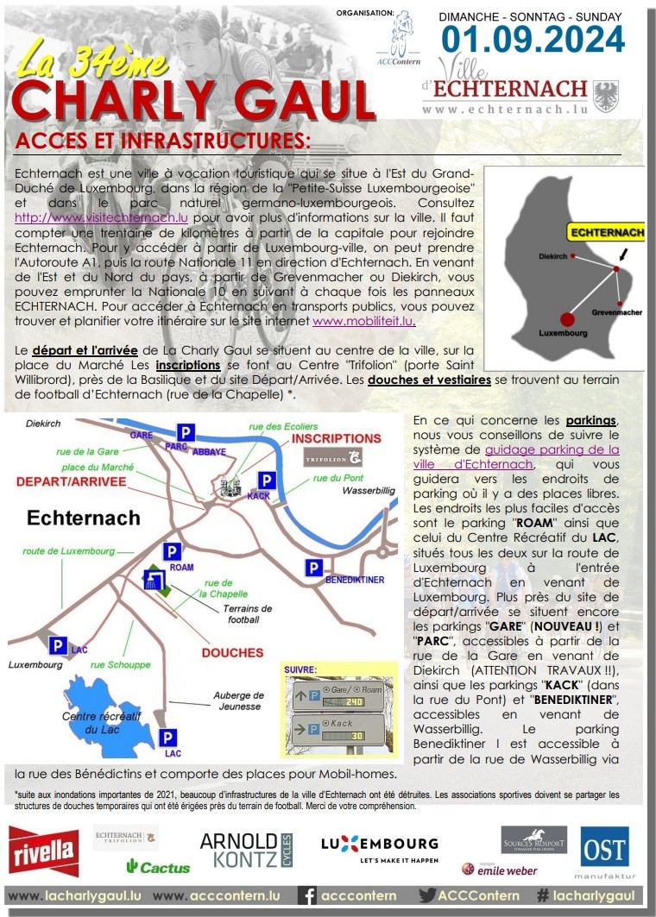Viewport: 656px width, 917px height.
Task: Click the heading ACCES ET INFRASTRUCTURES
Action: tap(163, 140)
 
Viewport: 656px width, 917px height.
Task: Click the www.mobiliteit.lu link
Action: tap(363, 321)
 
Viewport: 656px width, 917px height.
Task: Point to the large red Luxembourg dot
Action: tap(568, 319)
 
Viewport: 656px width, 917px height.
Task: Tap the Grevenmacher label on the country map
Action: tap(617, 311)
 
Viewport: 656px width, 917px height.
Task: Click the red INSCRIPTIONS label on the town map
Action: tap(336, 438)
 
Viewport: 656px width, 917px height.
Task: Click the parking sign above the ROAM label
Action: tap(173, 551)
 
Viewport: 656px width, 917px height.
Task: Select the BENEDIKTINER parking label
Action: tap(355, 580)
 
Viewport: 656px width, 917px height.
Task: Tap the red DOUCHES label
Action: tap(232, 653)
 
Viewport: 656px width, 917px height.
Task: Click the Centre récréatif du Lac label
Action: tap(95, 722)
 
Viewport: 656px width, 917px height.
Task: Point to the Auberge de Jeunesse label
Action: tap(239, 700)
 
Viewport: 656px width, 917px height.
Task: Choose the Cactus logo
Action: tap(158, 866)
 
